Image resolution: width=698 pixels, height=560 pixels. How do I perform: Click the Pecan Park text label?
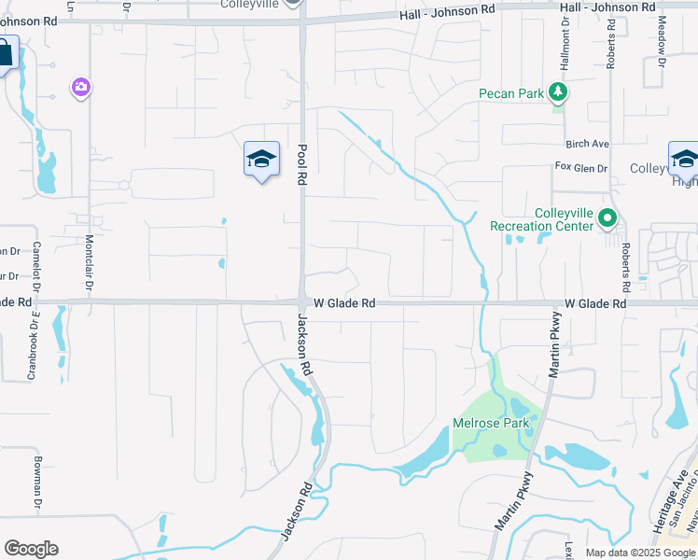511,93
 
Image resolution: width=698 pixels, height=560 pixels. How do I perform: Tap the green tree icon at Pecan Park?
558,91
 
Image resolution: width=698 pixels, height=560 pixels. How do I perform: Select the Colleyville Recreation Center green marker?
607,218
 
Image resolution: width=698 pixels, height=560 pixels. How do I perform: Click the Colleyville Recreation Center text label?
541,219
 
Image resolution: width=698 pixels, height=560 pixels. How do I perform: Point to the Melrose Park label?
491,423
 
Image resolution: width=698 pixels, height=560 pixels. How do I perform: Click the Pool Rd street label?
302,164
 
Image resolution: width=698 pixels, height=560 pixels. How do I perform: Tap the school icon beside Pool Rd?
262,160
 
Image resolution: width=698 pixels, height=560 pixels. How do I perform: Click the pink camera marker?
81,88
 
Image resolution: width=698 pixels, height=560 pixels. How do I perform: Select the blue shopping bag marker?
5,54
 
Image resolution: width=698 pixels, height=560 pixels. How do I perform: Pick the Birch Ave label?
587,144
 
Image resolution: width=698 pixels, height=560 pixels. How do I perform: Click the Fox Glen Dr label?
581,167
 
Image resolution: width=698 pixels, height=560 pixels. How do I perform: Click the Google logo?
31,549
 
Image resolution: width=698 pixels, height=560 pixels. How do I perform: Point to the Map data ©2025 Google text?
639,553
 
